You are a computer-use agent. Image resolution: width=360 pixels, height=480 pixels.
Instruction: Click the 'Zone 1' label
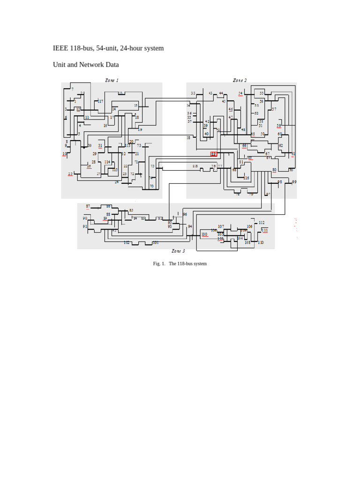112,80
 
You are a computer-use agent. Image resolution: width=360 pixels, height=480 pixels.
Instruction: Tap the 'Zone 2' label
240,80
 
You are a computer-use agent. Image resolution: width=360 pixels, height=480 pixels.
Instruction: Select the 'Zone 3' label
178,251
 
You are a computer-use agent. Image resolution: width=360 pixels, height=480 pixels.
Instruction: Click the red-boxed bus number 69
214,153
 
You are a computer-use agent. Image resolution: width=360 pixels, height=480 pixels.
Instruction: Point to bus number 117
100,101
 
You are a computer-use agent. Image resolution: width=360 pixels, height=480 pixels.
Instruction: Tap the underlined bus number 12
78,109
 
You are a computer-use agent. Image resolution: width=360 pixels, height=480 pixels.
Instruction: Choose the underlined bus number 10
65,154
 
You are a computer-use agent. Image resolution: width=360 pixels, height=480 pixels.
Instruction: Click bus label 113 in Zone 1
127,146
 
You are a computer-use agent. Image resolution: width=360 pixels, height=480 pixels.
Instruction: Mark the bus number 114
108,162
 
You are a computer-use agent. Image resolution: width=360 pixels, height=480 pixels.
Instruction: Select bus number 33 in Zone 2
193,93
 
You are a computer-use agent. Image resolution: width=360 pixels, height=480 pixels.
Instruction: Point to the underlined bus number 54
240,93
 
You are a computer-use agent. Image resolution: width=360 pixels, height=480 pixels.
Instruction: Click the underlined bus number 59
279,126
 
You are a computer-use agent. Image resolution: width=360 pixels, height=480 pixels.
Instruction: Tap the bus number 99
294,182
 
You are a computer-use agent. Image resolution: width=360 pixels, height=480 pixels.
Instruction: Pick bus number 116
247,178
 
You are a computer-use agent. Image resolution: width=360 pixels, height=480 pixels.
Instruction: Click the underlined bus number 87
88,206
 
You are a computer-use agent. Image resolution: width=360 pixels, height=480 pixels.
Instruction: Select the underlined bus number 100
204,234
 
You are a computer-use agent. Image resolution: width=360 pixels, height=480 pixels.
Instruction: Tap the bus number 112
262,223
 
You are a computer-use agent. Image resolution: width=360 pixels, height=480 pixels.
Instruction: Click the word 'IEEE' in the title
60,48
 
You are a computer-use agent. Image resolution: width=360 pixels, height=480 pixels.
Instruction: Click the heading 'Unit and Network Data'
86,65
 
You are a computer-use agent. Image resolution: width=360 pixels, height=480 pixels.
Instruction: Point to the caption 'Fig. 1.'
159,264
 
